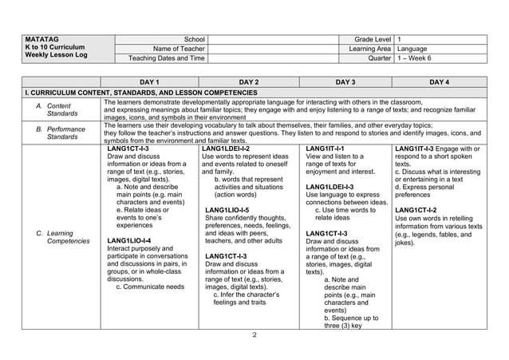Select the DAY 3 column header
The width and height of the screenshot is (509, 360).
point(345,81)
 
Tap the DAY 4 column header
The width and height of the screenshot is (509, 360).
point(440,81)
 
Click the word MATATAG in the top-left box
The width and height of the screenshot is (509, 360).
point(38,38)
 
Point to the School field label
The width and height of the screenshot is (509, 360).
point(194,38)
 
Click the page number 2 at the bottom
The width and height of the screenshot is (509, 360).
point(254,334)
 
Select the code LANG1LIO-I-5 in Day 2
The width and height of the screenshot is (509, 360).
point(227,210)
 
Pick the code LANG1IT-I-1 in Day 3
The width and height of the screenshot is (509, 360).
point(325,148)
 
